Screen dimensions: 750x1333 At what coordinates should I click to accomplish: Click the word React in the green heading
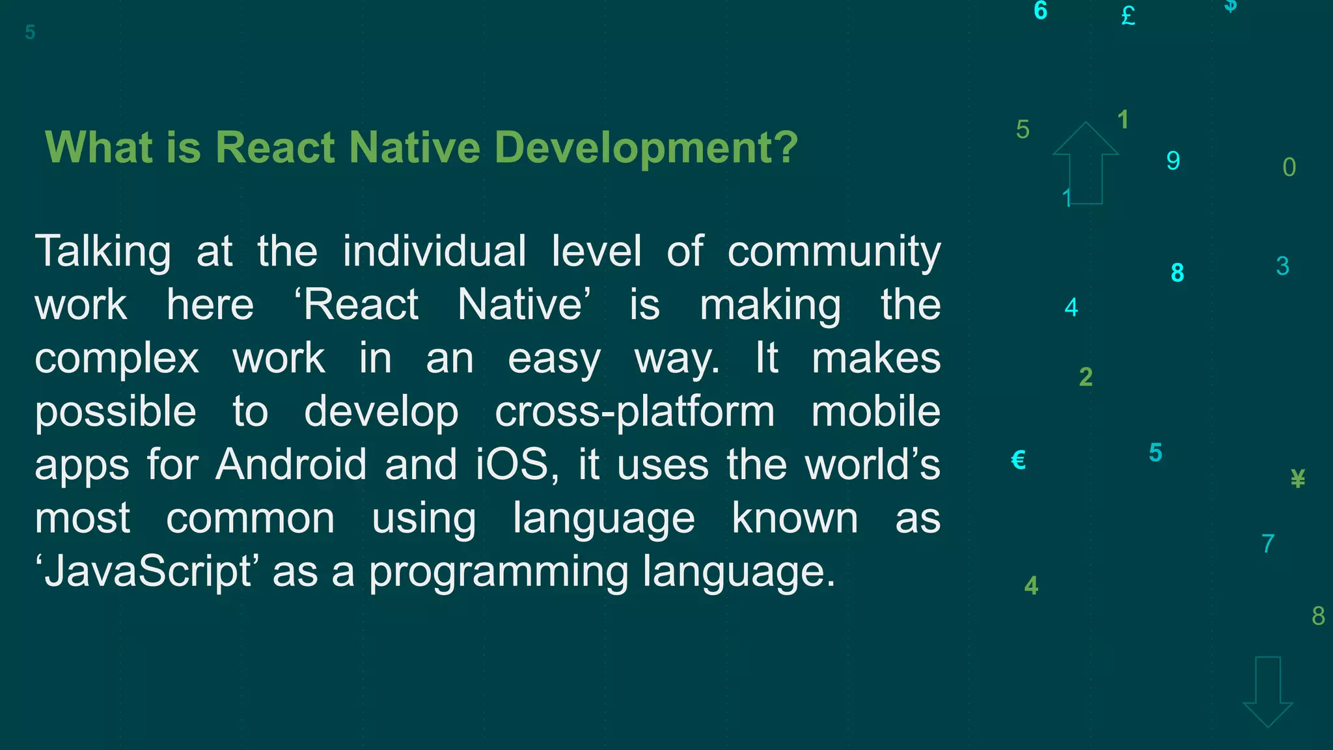274,148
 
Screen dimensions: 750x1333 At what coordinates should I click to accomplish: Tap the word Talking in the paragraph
103,251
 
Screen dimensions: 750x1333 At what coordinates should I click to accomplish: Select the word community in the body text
834,251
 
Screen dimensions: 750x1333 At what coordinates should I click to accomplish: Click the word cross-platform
635,411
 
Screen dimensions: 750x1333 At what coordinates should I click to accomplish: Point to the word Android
291,465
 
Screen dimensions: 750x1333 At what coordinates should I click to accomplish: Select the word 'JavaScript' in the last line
147,572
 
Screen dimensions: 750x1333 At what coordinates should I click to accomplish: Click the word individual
434,251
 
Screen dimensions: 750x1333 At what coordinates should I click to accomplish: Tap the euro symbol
1019,460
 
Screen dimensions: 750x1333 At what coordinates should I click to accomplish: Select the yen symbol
1297,479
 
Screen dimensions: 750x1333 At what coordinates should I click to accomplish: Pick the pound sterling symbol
1128,16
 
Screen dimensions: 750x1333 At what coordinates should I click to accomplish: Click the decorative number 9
1173,161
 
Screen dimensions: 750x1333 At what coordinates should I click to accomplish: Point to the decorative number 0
1289,167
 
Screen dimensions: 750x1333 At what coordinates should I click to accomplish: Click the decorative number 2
1086,377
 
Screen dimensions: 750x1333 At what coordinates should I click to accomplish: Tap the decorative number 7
1267,544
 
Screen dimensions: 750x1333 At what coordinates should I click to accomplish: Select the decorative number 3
1282,266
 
